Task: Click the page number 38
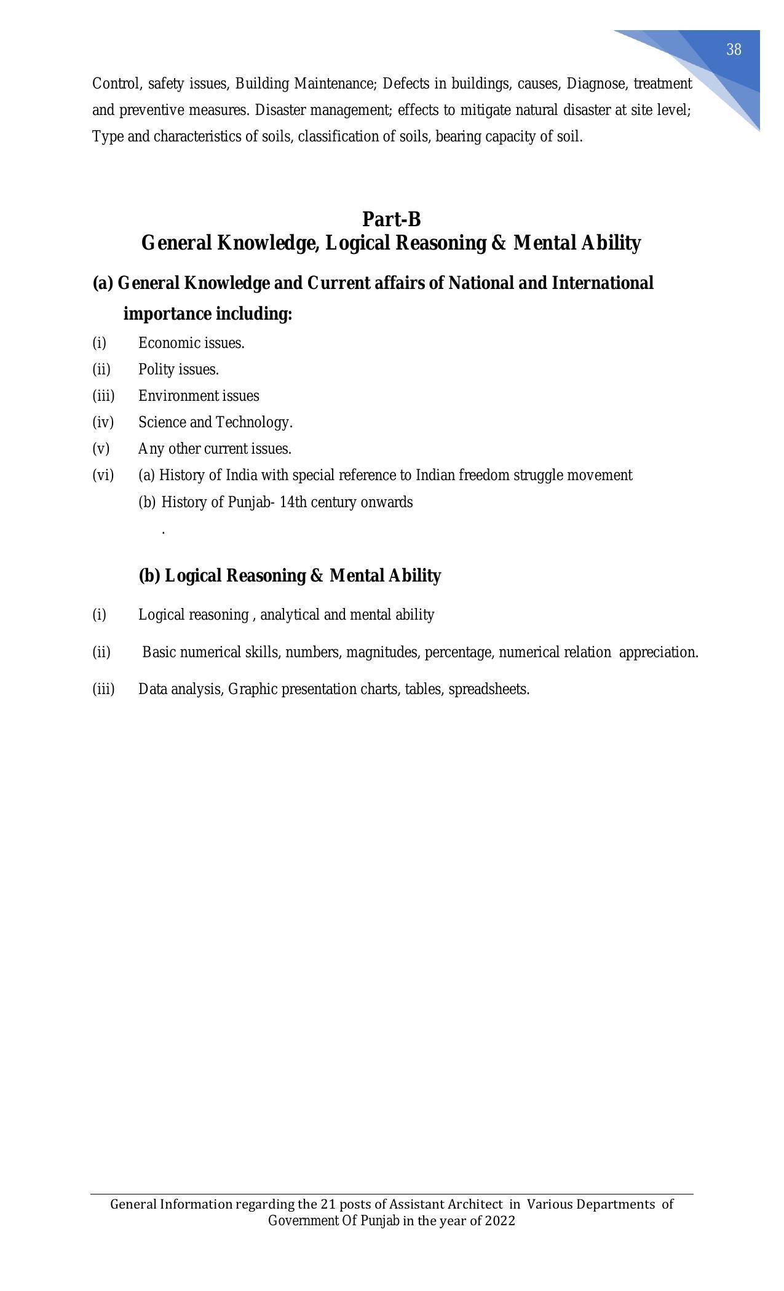pyautogui.click(x=733, y=50)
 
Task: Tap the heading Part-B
pyautogui.click(x=392, y=219)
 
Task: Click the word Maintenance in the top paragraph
pyautogui.click(x=335, y=83)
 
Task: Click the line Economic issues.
pyautogui.click(x=191, y=343)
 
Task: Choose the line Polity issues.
pyautogui.click(x=178, y=369)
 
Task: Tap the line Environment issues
pyautogui.click(x=199, y=396)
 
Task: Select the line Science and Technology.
pyautogui.click(x=215, y=422)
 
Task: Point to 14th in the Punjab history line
pyautogui.click(x=293, y=502)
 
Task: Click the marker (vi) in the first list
pyautogui.click(x=103, y=475)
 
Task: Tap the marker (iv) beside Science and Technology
pyautogui.click(x=103, y=422)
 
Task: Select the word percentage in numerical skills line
pyautogui.click(x=459, y=652)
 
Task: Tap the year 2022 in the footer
pyautogui.click(x=499, y=1220)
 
